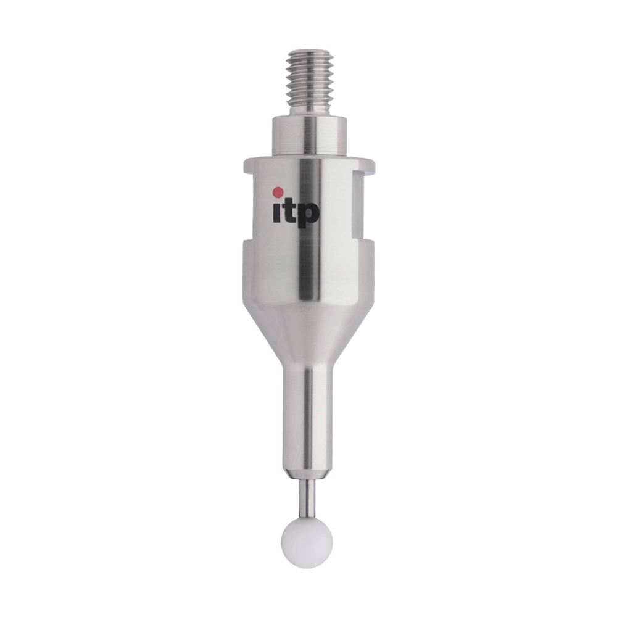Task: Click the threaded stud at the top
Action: (x=310, y=77)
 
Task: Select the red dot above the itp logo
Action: (x=278, y=191)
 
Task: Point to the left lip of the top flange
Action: (x=248, y=164)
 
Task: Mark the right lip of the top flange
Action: (x=369, y=164)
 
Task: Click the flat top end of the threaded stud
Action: (x=310, y=54)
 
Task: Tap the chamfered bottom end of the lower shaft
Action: (x=307, y=474)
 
